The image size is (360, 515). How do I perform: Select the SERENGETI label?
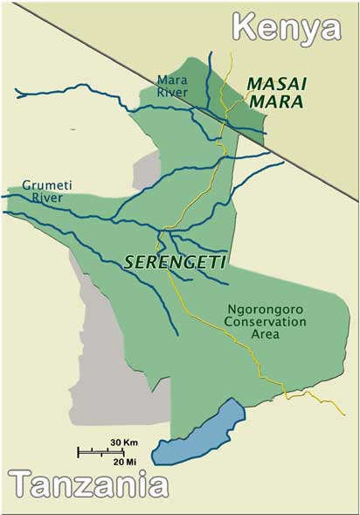click(163, 261)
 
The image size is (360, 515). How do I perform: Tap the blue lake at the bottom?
click(199, 434)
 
